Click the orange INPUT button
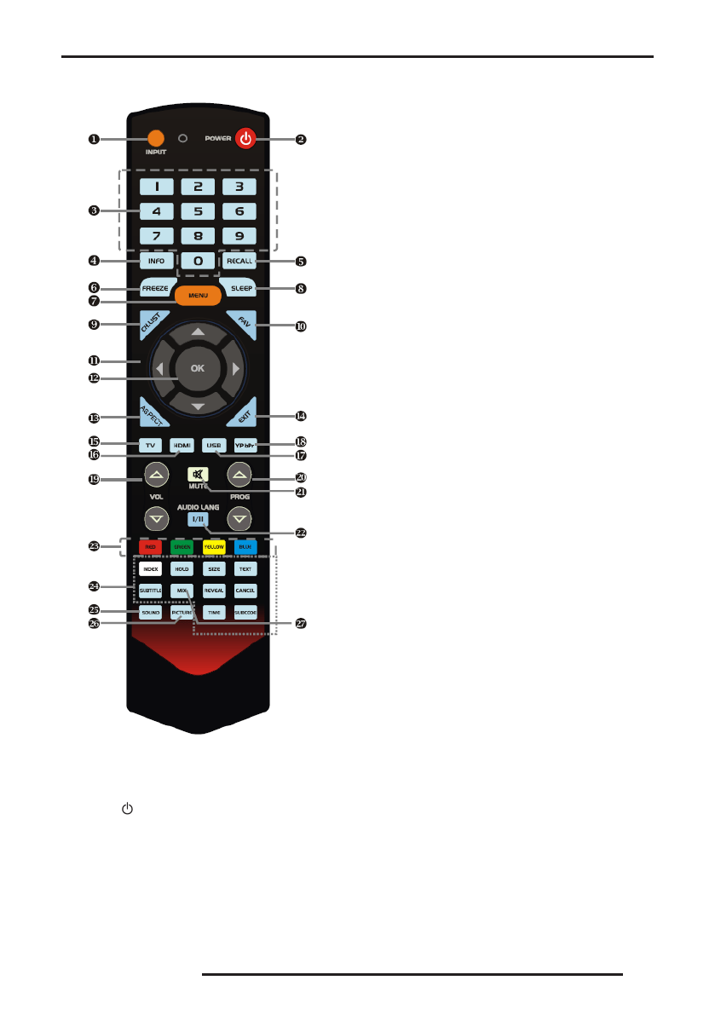[155, 138]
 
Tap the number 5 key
[198, 211]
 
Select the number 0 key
[198, 261]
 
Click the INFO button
[156, 261]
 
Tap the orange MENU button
[198, 296]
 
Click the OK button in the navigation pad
[198, 368]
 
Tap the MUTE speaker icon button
[199, 476]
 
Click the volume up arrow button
[155, 474]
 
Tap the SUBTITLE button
[150, 590]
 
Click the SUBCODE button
[245, 612]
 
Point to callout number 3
[94, 210]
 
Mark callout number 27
[300, 624]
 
